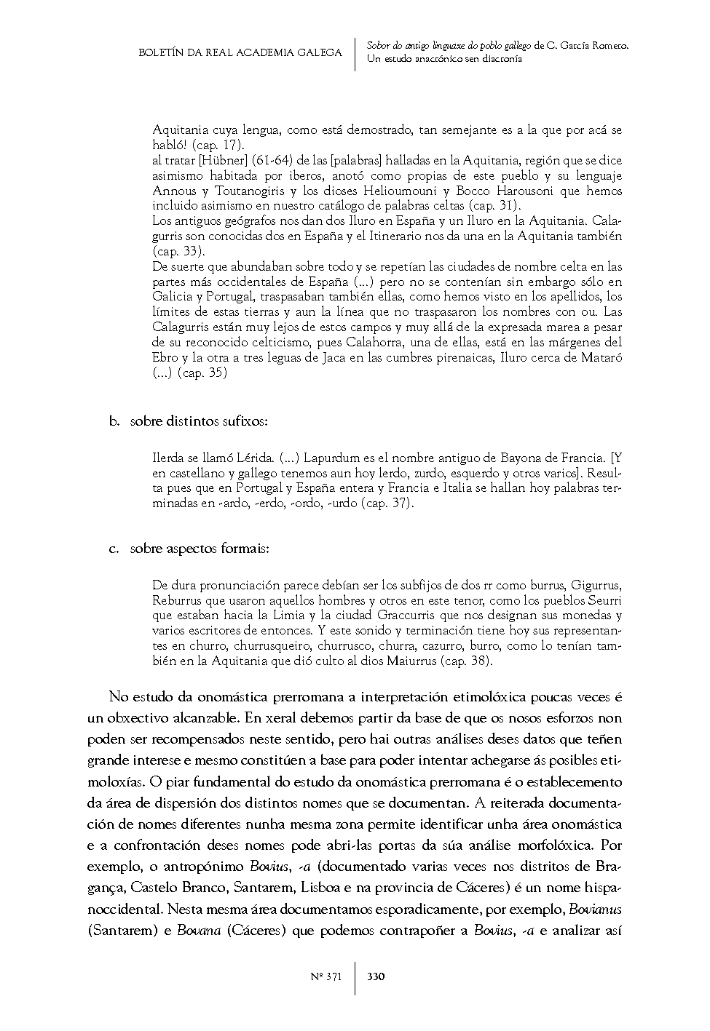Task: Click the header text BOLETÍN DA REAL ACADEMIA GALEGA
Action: click(x=240, y=53)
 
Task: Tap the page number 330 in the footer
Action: click(x=376, y=976)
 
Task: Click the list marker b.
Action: click(x=114, y=422)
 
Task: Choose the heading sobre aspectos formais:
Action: click(x=200, y=549)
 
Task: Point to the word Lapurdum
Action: click(x=336, y=458)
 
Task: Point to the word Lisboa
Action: click(x=339, y=888)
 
